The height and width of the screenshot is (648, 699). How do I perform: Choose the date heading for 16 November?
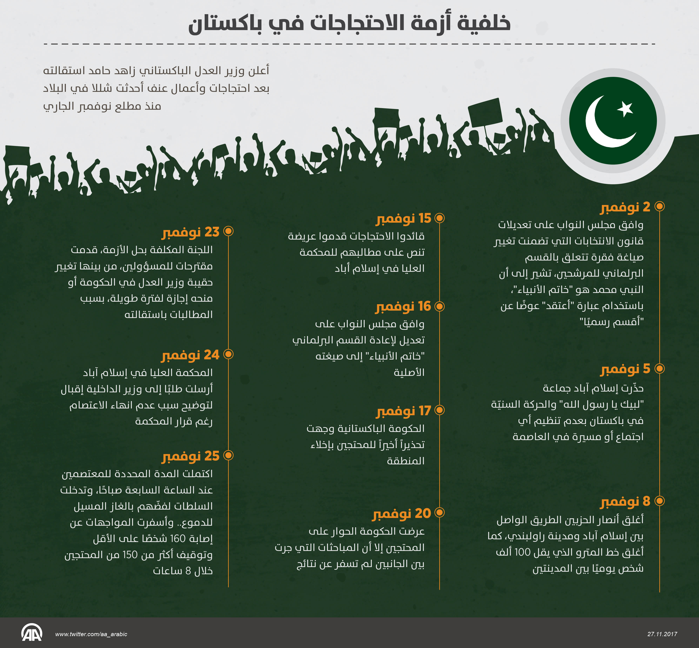[403, 307]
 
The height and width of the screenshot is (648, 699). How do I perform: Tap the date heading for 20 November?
[402, 513]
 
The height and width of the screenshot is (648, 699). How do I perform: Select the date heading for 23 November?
[191, 232]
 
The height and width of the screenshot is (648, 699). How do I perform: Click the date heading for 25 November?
[191, 456]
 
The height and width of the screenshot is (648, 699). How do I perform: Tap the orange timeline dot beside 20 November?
[439, 513]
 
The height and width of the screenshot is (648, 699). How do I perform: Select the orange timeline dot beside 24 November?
[228, 354]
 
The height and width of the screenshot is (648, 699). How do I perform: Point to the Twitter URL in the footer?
[91, 634]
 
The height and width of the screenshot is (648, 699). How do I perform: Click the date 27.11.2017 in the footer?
[662, 634]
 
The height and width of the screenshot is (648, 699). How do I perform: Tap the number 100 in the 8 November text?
[523, 552]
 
